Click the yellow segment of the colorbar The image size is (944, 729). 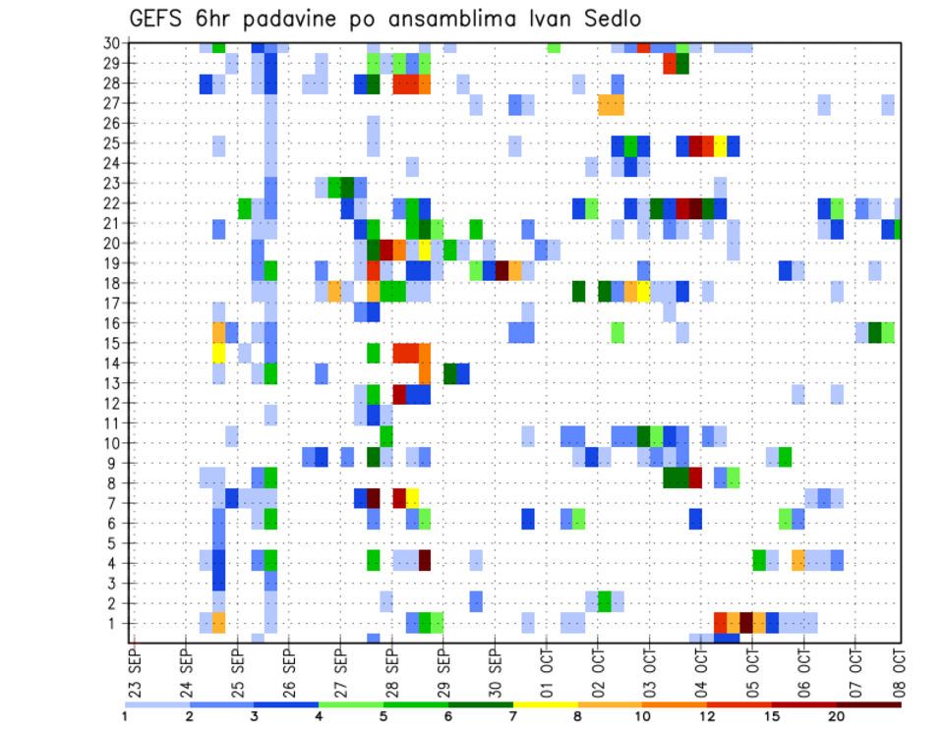[x=545, y=704]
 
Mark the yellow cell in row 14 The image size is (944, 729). [x=218, y=352]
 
